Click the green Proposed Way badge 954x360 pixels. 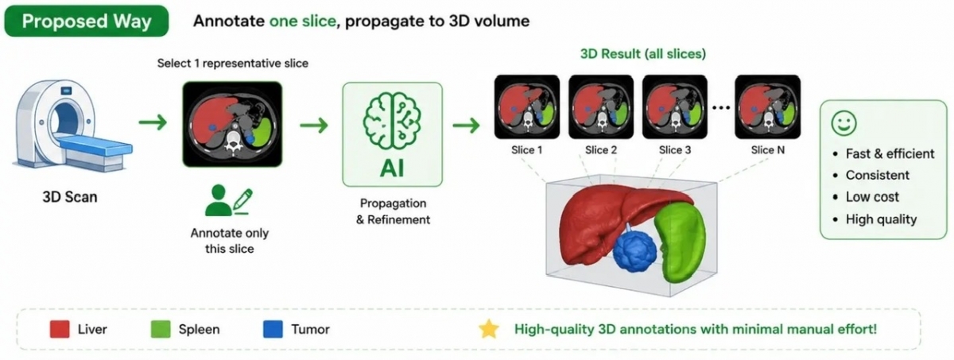click(87, 21)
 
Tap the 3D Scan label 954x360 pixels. click(70, 197)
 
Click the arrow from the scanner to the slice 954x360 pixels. click(153, 122)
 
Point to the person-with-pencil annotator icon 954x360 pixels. click(229, 200)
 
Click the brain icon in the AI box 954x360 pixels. click(392, 122)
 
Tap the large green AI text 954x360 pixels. click(392, 168)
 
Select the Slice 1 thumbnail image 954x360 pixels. click(527, 106)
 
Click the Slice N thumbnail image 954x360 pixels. click(768, 106)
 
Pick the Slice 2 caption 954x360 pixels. click(601, 150)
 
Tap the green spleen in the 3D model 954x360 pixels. click(680, 241)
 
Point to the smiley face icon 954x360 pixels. click(843, 123)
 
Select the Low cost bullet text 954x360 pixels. click(872, 197)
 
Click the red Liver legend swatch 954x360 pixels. click(60, 329)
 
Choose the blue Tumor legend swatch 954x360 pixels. click(273, 329)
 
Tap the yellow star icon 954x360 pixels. click(489, 329)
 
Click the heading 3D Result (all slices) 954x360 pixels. click(643, 54)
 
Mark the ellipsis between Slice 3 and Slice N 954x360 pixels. click(721, 107)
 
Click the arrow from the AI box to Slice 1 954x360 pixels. click(467, 125)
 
